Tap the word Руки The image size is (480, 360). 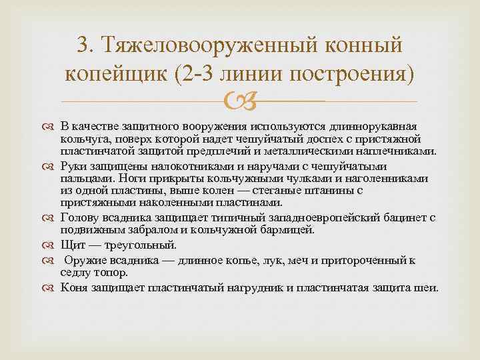pos(73,166)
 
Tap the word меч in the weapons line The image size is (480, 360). pos(296,259)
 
